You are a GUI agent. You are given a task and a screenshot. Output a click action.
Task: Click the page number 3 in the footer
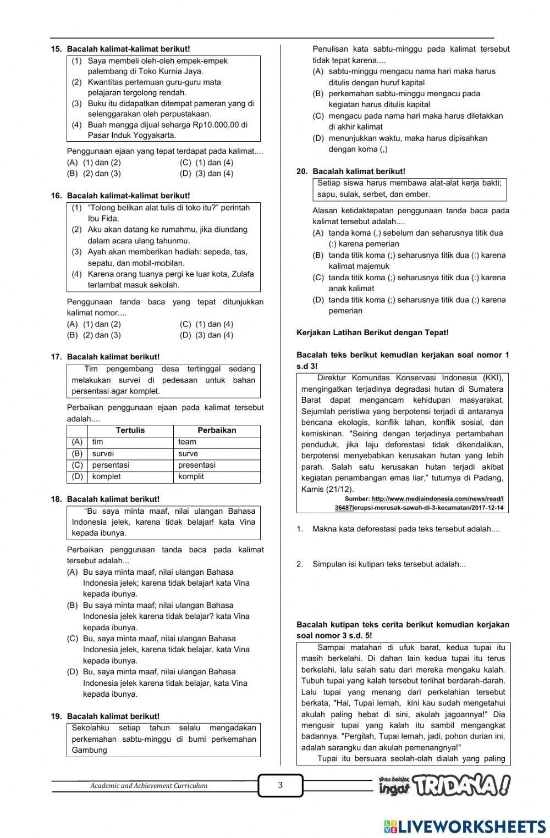280,785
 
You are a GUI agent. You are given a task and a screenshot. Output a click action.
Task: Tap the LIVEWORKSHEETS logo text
465,827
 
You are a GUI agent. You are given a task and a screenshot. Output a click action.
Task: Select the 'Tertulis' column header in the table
130,430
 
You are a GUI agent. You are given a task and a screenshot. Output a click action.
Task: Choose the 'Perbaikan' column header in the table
217,430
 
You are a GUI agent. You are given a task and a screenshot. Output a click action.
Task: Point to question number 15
56,49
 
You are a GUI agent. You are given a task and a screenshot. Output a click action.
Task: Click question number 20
302,171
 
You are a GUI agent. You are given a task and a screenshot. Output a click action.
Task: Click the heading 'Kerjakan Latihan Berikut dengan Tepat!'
372,332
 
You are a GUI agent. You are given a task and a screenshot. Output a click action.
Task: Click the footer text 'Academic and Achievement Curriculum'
148,786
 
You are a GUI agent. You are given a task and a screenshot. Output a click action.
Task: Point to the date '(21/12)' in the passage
340,489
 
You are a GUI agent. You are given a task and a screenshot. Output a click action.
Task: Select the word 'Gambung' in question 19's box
89,750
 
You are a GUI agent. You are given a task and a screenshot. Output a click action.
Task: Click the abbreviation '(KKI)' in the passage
493,378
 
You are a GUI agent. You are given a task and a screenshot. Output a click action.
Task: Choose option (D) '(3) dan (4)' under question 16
207,335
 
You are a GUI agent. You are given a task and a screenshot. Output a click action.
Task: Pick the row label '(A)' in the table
77,442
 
